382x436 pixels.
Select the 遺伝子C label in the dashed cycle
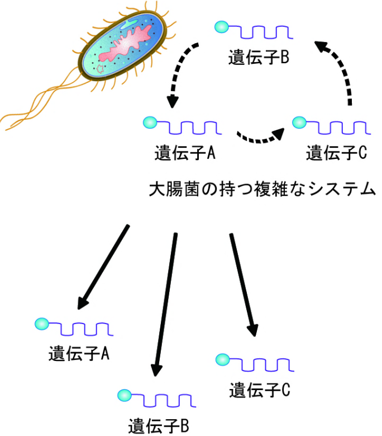pyautogui.click(x=336, y=152)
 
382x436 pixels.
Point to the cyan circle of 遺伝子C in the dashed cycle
pyautogui.click(x=299, y=121)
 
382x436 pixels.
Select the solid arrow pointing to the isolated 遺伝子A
pyautogui.click(x=103, y=266)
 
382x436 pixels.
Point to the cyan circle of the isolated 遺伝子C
pyautogui.click(x=222, y=359)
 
